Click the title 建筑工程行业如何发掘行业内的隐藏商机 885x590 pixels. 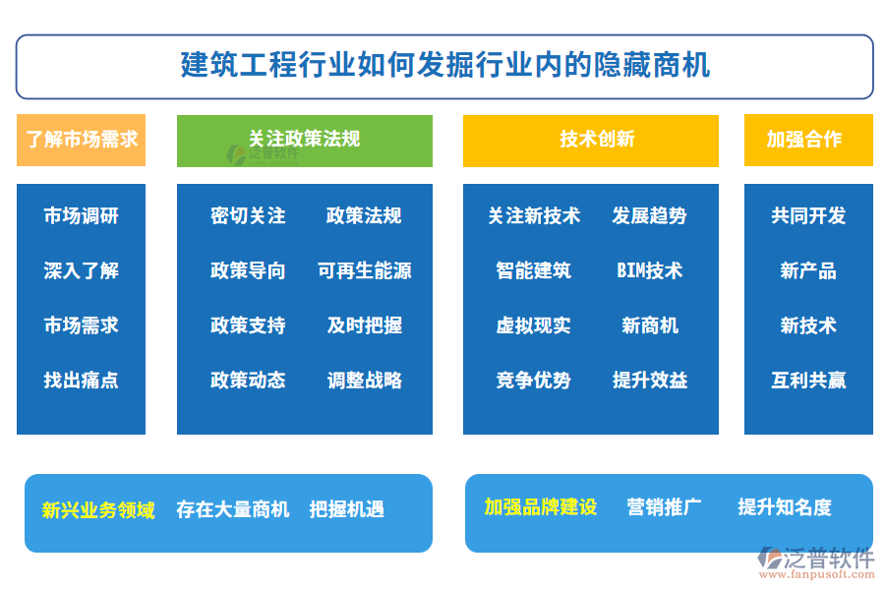[x=444, y=65]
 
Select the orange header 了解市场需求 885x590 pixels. [x=82, y=140]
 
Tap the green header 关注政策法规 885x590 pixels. [x=305, y=141]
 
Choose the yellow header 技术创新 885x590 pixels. [x=591, y=141]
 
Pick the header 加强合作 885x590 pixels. [x=808, y=140]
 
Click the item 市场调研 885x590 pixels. [x=82, y=215]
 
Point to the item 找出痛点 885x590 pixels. [x=82, y=380]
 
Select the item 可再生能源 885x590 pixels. [x=365, y=270]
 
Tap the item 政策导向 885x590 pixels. [x=248, y=270]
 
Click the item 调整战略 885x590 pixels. [x=365, y=380]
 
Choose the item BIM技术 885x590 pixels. [x=650, y=270]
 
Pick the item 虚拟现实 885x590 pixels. [x=533, y=325]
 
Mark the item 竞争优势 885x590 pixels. [x=533, y=380]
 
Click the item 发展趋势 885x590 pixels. [x=650, y=215]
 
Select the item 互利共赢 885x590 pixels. [x=808, y=380]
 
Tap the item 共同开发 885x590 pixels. [x=808, y=215]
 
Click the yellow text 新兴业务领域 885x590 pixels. [x=98, y=510]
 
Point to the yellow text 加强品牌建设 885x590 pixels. [x=541, y=507]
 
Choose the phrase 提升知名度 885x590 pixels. [x=785, y=507]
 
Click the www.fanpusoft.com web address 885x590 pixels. [x=817, y=574]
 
